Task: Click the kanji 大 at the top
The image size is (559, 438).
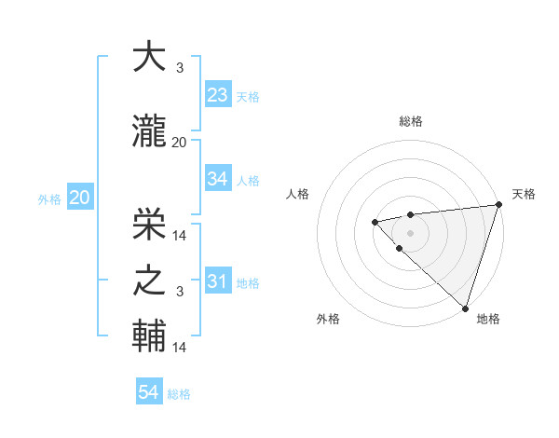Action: tap(150, 58)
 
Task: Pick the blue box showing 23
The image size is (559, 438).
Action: tap(218, 95)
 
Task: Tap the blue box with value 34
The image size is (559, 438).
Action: tap(218, 179)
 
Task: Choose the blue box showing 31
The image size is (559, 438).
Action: tap(218, 281)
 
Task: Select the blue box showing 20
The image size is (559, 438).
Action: tap(79, 198)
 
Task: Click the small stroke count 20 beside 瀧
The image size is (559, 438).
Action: tap(179, 142)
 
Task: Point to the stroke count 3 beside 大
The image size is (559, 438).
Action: tap(179, 68)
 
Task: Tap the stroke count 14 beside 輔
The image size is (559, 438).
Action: tap(179, 348)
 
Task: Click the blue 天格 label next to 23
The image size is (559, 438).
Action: tap(247, 97)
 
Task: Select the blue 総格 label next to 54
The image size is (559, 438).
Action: tap(179, 394)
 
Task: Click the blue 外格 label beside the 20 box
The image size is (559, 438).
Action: tap(48, 198)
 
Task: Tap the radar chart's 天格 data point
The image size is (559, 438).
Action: tap(498, 205)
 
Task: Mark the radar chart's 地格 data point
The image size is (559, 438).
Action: tap(465, 308)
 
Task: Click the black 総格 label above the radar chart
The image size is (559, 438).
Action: tap(411, 121)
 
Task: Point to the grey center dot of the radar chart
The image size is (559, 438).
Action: tap(410, 231)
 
